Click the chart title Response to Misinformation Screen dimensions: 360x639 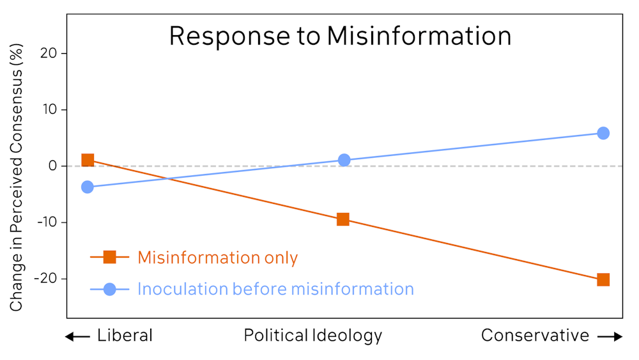(340, 36)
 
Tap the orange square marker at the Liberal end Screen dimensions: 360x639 (88, 160)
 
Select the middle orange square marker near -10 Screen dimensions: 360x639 (343, 220)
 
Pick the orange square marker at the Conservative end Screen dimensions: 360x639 (603, 279)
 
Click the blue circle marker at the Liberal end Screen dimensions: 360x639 (88, 187)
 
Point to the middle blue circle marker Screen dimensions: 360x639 (344, 160)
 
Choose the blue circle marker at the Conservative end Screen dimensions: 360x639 (603, 133)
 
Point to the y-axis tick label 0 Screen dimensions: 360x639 (54, 166)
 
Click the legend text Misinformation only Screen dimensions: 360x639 (218, 258)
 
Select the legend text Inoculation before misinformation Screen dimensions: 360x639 (275, 289)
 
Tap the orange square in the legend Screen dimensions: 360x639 (109, 258)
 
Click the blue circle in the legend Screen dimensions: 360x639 (109, 289)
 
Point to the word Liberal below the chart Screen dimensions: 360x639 (125, 336)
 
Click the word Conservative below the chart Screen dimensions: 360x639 (535, 336)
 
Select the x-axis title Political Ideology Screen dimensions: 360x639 (313, 336)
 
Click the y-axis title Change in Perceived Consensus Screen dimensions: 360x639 (17, 178)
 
